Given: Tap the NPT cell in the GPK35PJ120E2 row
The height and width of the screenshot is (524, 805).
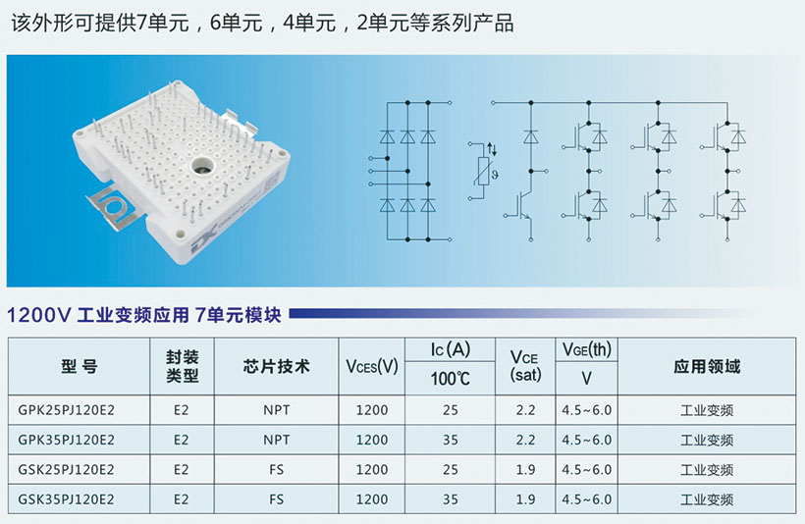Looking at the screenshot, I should coord(277,440).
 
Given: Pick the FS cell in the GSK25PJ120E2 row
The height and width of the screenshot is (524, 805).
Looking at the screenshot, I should coord(277,470).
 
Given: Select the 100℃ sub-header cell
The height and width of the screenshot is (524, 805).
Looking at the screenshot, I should coord(451,379).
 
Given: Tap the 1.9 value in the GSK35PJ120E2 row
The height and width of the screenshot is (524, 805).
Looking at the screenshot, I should coord(524,499).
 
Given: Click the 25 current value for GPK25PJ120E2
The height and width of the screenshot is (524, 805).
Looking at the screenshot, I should coord(451,410).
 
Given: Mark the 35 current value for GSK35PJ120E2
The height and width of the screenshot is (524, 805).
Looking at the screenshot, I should coord(451,499).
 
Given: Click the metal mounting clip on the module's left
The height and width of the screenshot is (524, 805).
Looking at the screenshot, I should coord(111,203).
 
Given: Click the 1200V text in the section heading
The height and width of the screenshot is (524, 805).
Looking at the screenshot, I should coord(39,316).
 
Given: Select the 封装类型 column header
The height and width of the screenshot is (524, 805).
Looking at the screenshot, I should coord(182,366).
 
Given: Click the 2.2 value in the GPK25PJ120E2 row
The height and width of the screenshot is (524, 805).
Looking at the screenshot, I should coord(524,410).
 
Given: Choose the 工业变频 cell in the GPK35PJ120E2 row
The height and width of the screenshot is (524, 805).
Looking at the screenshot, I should coord(707,440).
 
